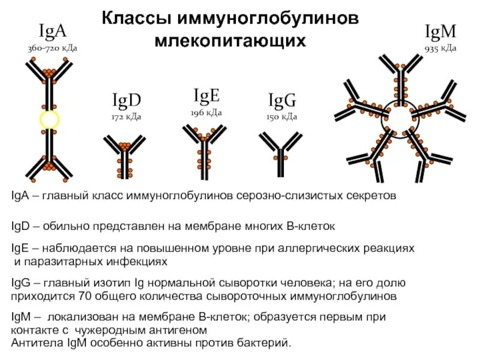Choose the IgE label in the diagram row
click(206, 96)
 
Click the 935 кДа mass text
click(440, 48)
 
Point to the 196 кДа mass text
click(206, 113)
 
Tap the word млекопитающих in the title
click(230, 41)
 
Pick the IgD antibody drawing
click(125, 157)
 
